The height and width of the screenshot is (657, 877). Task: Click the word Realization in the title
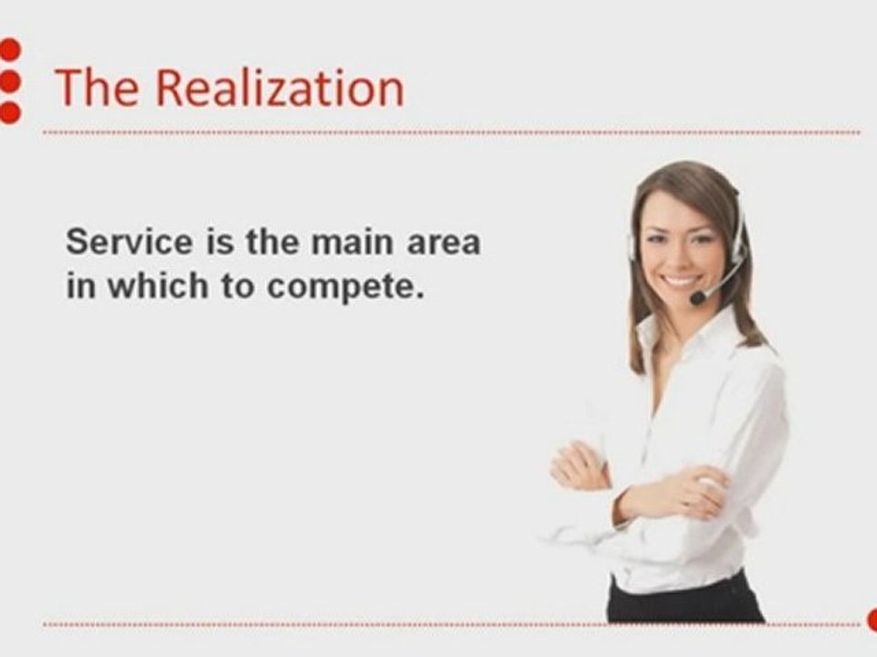[280, 88]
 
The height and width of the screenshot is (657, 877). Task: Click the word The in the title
[97, 88]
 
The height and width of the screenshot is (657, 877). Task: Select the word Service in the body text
[129, 243]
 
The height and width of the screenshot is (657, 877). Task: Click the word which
[158, 286]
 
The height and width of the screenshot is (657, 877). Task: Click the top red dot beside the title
[9, 49]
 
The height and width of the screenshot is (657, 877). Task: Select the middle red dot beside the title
[9, 81]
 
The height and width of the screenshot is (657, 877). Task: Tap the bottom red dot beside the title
[9, 112]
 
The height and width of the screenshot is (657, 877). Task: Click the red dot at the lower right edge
[872, 620]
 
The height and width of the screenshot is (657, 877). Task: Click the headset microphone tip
[697, 297]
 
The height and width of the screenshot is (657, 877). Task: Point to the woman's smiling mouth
[679, 280]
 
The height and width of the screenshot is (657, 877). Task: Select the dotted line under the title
[451, 132]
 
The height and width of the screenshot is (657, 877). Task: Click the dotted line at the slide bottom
[451, 624]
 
